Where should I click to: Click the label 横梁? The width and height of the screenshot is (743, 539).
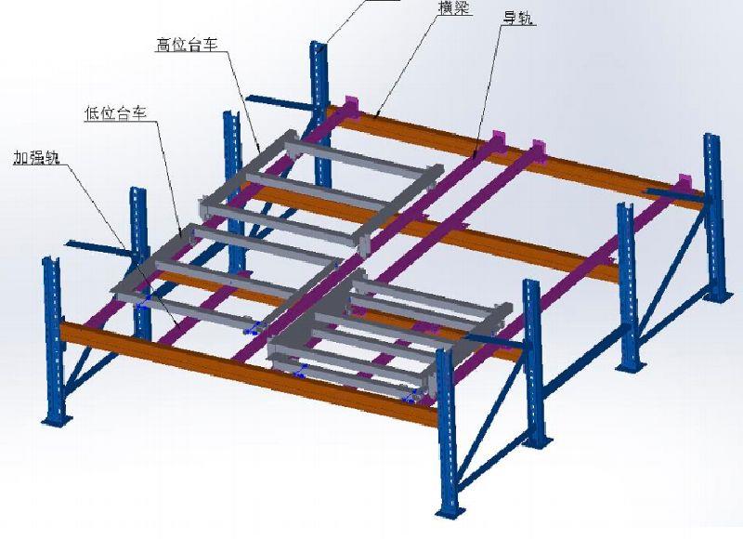click(x=455, y=7)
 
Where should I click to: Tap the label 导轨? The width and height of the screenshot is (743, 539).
click(x=518, y=18)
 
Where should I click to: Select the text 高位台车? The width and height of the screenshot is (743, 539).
click(x=187, y=45)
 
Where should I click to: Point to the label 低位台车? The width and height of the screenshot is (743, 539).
click(x=115, y=112)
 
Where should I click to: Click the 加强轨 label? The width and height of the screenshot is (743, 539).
click(x=36, y=157)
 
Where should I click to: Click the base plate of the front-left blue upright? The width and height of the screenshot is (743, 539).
click(x=57, y=420)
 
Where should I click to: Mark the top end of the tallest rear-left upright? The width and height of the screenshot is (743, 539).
click(x=318, y=45)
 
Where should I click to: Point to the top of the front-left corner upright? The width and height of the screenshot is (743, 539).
click(x=51, y=261)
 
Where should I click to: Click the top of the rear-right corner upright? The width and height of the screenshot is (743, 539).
click(x=711, y=138)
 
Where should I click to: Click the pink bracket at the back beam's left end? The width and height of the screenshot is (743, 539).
click(x=352, y=105)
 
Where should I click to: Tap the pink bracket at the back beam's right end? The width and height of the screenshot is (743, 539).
click(x=684, y=183)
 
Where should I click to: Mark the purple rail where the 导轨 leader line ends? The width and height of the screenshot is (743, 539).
click(x=474, y=156)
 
